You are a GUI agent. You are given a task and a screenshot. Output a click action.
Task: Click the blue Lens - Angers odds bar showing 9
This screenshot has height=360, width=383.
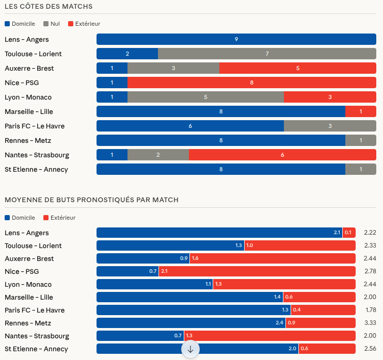[236, 39]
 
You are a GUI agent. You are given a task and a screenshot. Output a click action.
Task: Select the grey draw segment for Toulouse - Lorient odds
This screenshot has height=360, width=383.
[267, 54]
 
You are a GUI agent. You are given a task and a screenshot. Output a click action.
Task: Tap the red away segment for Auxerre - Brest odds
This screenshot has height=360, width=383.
[298, 68]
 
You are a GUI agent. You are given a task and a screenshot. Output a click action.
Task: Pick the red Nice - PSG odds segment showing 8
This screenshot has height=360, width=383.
[251, 83]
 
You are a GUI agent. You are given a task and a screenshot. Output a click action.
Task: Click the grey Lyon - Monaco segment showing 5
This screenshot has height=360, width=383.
[205, 97]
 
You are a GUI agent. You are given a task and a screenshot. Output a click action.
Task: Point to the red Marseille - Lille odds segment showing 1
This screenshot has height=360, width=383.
[361, 111]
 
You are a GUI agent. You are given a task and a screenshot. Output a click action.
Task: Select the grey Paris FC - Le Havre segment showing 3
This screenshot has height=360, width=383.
[330, 126]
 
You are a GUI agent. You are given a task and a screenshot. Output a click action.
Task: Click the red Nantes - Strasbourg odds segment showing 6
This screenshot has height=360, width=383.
[282, 155]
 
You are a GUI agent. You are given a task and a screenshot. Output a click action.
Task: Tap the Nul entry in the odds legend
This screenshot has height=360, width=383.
[52, 24]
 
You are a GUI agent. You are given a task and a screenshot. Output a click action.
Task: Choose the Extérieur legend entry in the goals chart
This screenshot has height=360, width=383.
[60, 218]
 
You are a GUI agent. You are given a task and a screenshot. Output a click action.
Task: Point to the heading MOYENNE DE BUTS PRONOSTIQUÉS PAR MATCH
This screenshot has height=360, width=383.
[91, 200]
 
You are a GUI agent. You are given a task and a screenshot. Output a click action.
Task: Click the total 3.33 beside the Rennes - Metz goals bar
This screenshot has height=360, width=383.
[370, 323]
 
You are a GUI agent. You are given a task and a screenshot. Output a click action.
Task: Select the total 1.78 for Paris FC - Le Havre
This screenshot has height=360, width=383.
[370, 310]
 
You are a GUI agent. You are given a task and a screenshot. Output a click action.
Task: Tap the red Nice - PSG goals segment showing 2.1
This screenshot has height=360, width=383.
[257, 271]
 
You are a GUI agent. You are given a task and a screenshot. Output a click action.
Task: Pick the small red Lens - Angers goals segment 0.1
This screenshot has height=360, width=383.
[349, 233]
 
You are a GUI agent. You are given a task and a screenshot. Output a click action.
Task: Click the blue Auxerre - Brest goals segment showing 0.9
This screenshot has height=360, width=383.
[143, 258]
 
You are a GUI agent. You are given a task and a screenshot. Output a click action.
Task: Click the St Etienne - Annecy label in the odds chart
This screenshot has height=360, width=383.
[36, 169]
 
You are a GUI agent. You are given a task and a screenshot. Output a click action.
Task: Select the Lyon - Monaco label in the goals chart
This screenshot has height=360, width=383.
[28, 284]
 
